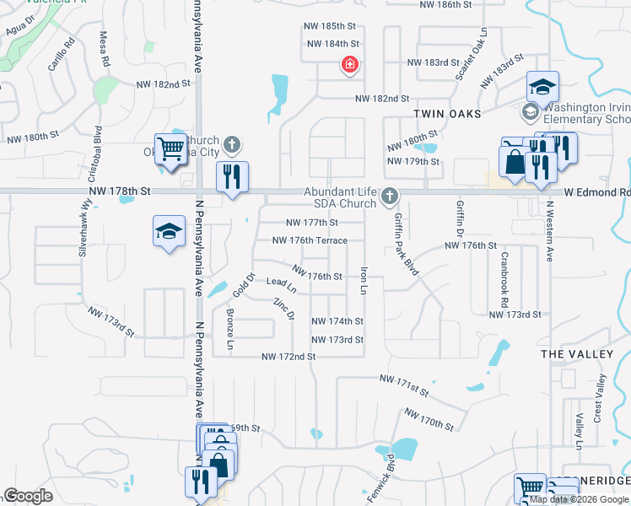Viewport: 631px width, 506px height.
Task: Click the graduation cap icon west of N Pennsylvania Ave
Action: pyautogui.click(x=169, y=231)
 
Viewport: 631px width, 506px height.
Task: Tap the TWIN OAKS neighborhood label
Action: pyautogui.click(x=447, y=114)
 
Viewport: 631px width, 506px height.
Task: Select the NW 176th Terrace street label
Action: pyautogui.click(x=310, y=240)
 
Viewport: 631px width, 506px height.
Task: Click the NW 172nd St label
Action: pyautogui.click(x=289, y=357)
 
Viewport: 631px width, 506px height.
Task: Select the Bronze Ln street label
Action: pyautogui.click(x=230, y=330)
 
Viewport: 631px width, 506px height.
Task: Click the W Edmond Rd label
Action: pyautogui.click(x=600, y=192)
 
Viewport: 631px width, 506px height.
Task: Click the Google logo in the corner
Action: pyautogui.click(x=28, y=496)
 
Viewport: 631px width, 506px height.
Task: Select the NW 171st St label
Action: pyautogui.click(x=404, y=386)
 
